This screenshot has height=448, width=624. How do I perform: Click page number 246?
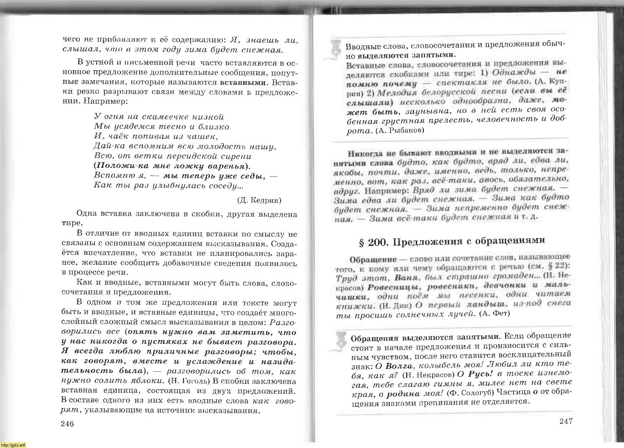coord(67,424)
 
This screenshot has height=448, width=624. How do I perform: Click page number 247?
coord(566,421)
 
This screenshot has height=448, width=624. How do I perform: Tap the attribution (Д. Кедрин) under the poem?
coord(259,200)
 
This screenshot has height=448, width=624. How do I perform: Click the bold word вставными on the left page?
coord(243,82)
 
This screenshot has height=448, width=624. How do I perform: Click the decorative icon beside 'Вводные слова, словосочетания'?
coord(335,49)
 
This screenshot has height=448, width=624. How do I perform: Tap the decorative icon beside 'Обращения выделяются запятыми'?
coord(341,343)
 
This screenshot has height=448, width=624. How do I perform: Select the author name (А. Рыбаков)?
coord(400,131)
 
